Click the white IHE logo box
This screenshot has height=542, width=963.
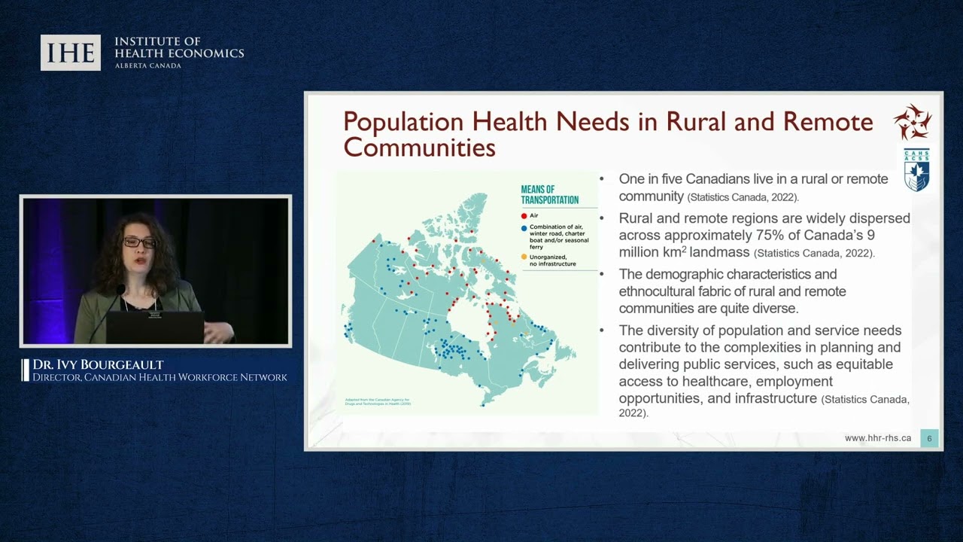click(71, 53)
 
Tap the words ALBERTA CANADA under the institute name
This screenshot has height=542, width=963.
click(147, 65)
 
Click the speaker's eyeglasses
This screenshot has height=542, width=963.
click(140, 242)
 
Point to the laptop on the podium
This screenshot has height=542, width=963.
click(154, 327)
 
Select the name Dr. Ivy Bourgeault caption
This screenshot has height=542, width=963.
click(98, 365)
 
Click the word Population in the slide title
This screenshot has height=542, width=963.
click(403, 122)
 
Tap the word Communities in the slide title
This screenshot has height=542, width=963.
click(419, 147)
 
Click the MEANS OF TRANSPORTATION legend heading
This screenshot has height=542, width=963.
click(549, 195)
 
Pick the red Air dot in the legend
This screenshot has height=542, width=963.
click(524, 215)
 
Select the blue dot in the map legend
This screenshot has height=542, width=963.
click(524, 227)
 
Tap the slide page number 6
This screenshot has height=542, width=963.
click(929, 438)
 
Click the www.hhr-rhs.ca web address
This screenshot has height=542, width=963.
click(877, 438)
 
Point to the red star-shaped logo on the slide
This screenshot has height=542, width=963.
click(913, 122)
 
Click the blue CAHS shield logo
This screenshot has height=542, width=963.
click(916, 170)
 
